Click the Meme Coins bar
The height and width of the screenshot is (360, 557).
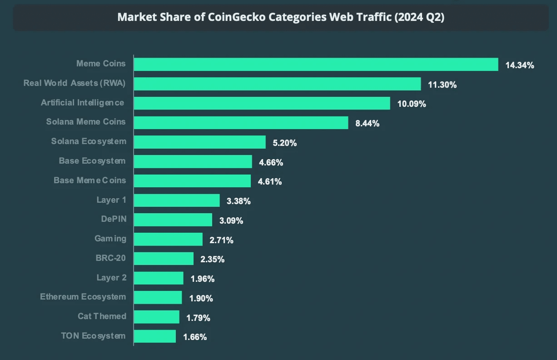point(316,65)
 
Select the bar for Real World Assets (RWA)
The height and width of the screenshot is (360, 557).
point(277,84)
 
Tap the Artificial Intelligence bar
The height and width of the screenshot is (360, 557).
point(262,103)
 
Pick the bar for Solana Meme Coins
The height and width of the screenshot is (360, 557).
point(241,123)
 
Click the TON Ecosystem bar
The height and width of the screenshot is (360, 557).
point(155,336)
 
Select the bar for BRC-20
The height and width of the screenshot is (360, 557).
point(164,259)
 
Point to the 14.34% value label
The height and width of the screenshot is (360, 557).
point(519,65)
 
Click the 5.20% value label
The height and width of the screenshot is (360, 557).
point(284,143)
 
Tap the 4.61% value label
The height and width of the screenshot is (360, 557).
point(269,181)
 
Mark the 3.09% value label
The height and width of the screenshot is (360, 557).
point(231,220)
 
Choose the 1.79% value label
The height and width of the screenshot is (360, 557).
point(198,318)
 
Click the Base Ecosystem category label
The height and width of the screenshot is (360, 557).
point(92,161)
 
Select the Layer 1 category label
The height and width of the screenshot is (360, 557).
point(111,200)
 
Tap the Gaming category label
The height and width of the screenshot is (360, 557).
point(110,239)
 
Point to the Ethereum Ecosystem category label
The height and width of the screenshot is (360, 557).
point(83,297)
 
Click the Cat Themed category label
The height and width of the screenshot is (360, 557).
point(102,316)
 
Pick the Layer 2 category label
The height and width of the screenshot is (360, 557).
point(111,277)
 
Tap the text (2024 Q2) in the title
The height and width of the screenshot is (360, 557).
point(419,17)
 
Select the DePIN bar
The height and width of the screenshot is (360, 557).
point(173,220)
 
